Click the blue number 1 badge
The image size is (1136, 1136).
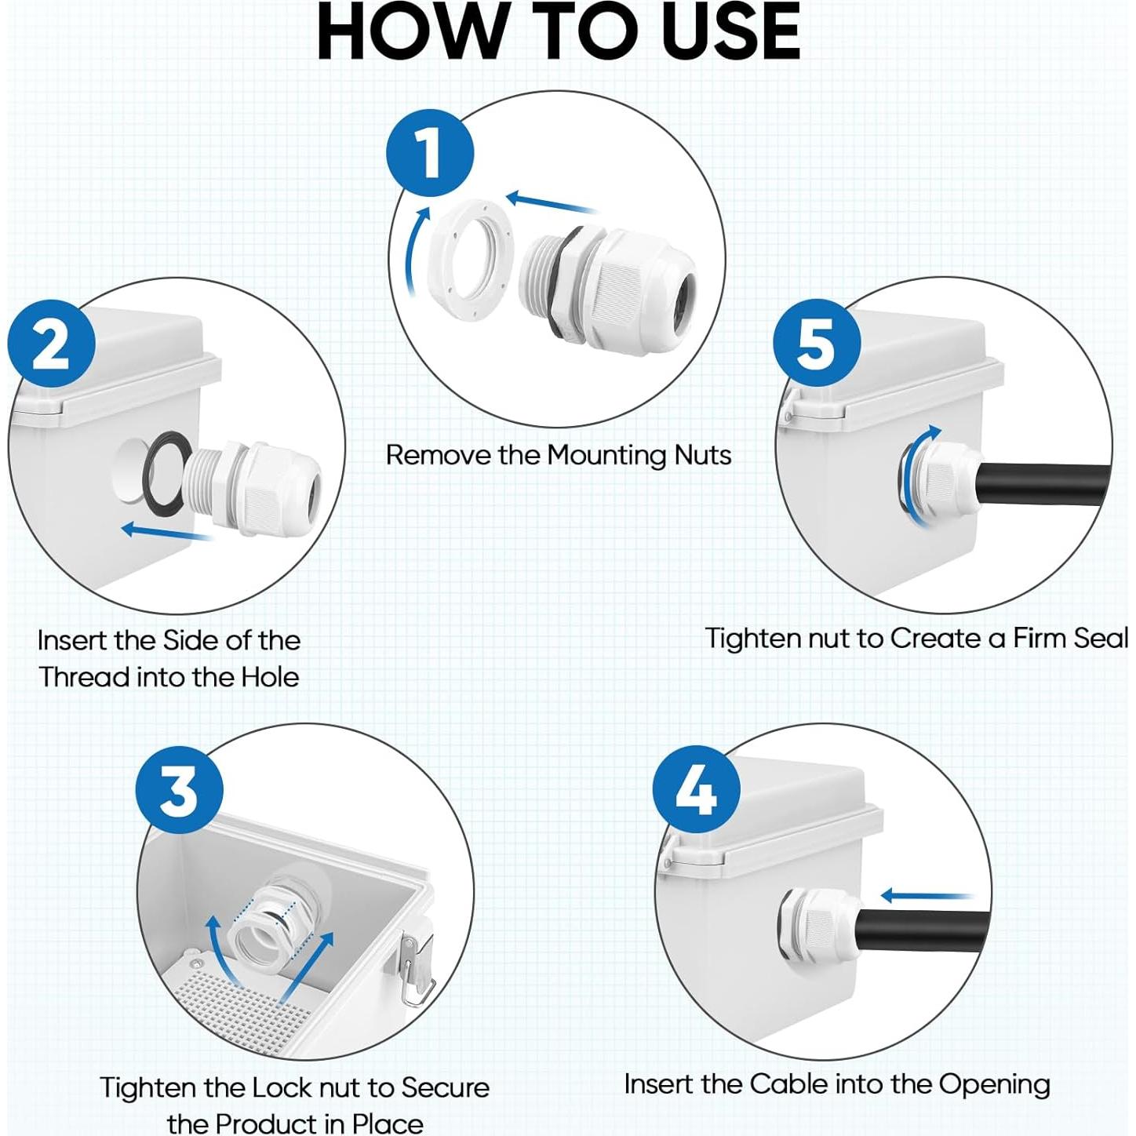[x=430, y=153]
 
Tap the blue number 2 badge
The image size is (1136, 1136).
[x=51, y=344]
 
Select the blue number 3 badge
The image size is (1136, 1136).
[x=179, y=789]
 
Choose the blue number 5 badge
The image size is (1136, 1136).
[x=817, y=343]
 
